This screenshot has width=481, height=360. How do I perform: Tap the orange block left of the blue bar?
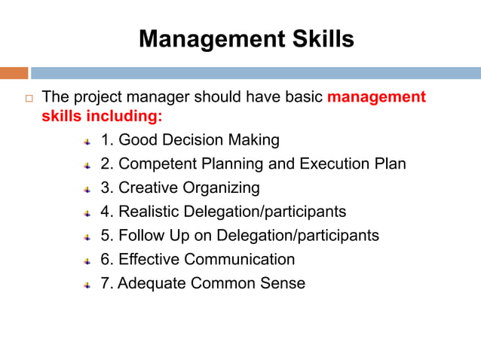coord(14,73)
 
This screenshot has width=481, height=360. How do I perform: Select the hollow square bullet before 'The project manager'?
coord(29,98)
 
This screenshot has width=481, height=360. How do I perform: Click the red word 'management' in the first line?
coord(376,97)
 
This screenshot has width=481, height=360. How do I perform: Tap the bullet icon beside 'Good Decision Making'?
coord(87,141)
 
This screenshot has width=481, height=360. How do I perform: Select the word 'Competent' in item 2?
coord(155,163)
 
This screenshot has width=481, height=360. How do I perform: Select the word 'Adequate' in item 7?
coord(152,284)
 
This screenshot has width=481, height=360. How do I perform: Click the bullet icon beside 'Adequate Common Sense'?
coord(87,285)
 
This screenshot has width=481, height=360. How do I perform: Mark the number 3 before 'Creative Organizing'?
coord(104,188)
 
